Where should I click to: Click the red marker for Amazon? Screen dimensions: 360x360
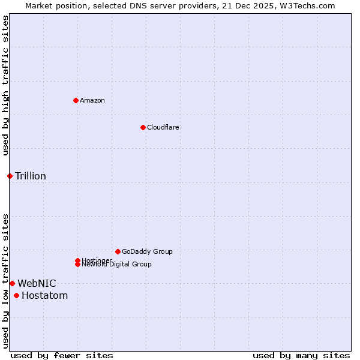[76, 100]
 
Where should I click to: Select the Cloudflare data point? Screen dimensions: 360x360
[143, 127]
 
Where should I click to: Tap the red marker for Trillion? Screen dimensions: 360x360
[10, 176]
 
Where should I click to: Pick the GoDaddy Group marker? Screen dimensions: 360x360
[118, 251]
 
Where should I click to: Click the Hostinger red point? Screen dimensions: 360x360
[77, 260]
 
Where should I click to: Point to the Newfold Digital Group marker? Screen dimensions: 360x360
[77, 265]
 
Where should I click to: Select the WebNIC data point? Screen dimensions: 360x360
[12, 283]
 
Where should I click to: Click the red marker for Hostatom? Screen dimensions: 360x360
[16, 295]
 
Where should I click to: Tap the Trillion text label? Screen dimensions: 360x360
[31, 176]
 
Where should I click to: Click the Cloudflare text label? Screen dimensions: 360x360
[163, 127]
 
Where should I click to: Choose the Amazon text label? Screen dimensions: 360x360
[92, 100]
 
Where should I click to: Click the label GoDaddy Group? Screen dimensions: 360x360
[147, 251]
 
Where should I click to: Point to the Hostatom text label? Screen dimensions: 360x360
[45, 295]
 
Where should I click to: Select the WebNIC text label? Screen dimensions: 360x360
[37, 283]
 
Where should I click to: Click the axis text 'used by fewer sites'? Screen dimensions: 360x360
[62, 355]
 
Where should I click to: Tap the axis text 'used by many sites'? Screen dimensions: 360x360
[301, 355]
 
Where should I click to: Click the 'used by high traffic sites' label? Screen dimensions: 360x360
[5, 85]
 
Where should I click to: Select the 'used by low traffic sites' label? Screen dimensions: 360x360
[5, 281]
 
